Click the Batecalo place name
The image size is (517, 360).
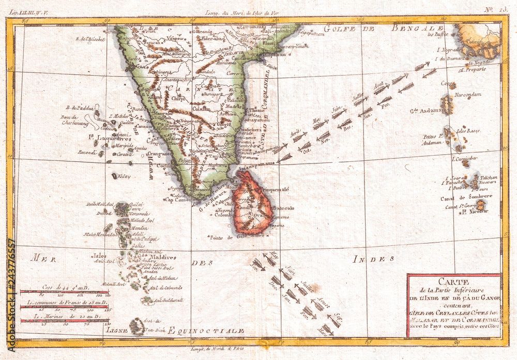pyautogui.click(x=281, y=208)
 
